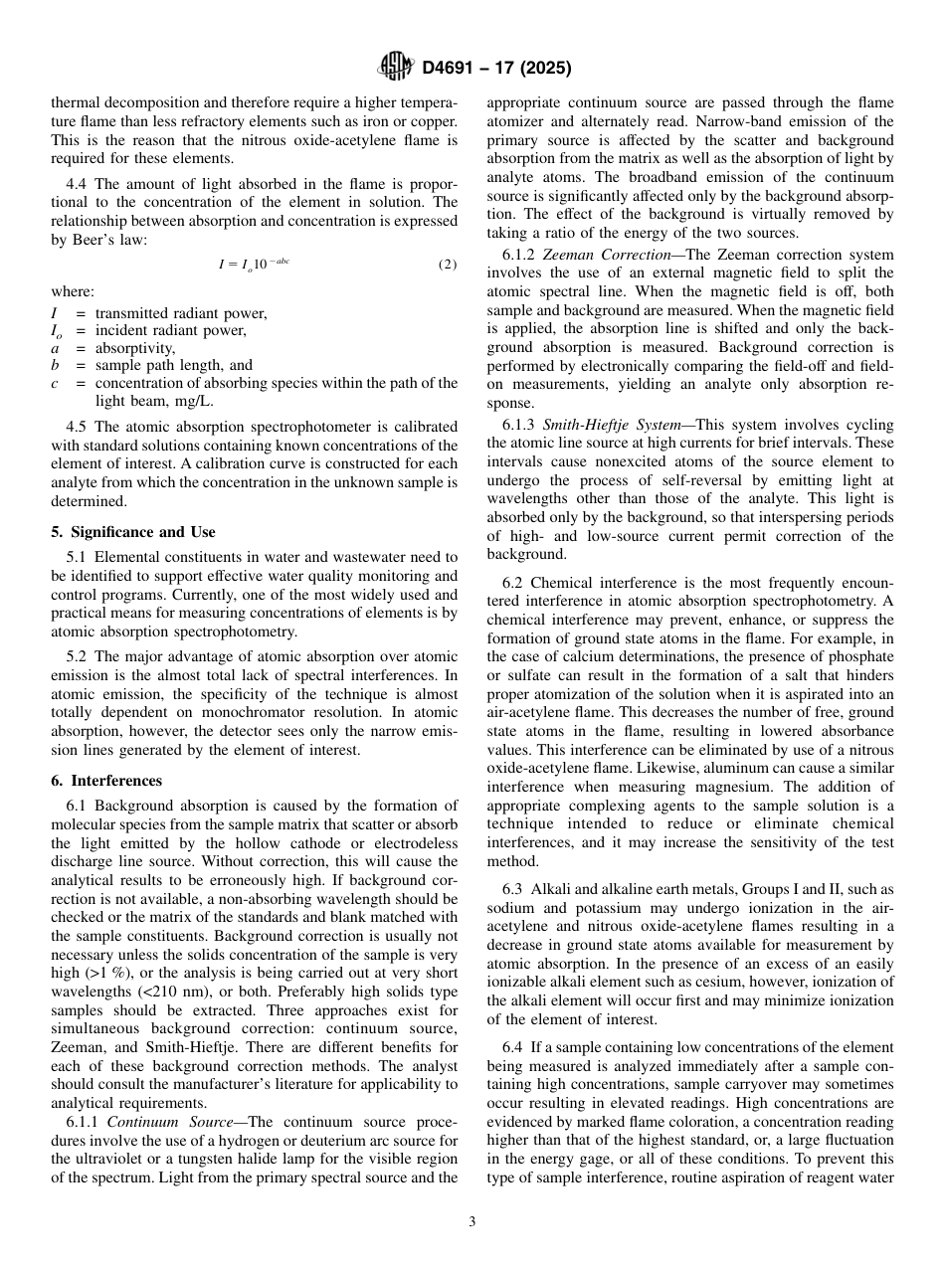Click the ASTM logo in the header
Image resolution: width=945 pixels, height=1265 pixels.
click(396, 68)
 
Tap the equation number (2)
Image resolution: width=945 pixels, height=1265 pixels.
click(448, 265)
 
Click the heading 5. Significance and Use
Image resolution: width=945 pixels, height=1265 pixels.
click(133, 532)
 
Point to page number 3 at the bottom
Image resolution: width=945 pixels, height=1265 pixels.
click(472, 1222)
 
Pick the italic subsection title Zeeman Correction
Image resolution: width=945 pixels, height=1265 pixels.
click(607, 255)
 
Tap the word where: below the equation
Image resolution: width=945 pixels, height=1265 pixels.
click(73, 291)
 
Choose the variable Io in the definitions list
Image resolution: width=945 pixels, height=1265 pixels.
click(57, 331)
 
